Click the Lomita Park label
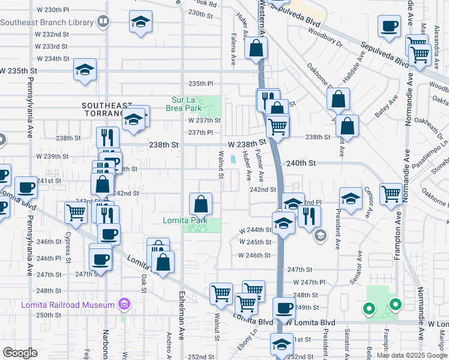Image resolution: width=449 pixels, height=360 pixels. [x=185, y=220]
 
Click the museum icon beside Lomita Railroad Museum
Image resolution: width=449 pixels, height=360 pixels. [x=124, y=305]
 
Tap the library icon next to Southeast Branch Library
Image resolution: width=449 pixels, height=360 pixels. [x=103, y=22]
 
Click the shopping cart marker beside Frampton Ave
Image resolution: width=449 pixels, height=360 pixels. [x=391, y=193]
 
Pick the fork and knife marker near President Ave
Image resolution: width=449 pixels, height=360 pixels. [x=309, y=215]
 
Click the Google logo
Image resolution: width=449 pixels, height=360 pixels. [x=20, y=353]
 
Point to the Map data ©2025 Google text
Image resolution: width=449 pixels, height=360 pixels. [x=412, y=355]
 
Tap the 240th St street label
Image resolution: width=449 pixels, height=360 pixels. [x=300, y=163]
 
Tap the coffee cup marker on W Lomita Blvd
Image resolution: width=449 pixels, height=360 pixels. [x=284, y=308]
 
